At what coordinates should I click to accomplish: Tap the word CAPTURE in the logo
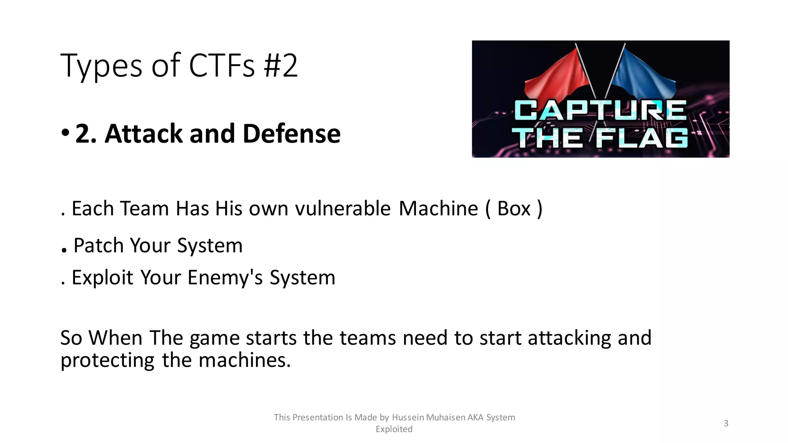point(600,110)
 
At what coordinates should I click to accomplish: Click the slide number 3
point(726,423)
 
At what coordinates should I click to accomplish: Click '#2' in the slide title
point(280,65)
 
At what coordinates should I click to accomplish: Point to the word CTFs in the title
point(222,65)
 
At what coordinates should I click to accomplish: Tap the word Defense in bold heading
point(291,133)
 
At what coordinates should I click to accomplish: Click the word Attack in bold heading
point(143,133)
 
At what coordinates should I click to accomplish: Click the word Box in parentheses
point(514,208)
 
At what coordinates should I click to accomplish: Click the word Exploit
point(102,277)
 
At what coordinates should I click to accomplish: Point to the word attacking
point(569,338)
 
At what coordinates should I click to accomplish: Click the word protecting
point(107,361)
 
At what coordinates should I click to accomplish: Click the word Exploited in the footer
point(394,429)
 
